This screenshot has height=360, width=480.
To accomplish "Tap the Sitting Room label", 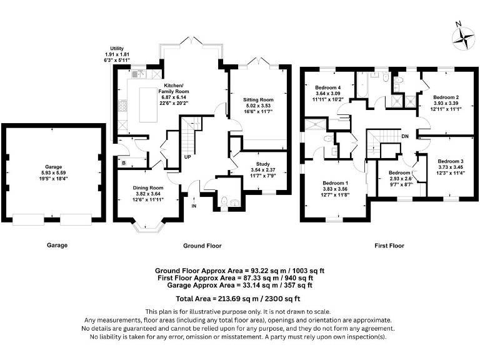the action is [258, 100].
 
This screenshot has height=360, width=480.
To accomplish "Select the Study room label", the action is [263, 164].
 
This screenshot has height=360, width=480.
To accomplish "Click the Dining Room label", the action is [148, 188].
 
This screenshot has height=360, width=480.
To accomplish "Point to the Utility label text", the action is [117, 48].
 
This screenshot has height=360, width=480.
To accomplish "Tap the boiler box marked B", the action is [124, 163].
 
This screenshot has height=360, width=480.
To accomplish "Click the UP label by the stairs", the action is [187, 157].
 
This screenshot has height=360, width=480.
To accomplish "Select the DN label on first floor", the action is [405, 136].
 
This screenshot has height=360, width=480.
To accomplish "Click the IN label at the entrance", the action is [194, 206].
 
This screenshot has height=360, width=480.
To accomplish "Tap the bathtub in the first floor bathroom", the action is [362, 84].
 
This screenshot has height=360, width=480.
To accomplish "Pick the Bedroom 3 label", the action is [451, 161].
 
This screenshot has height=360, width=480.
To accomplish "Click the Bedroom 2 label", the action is [446, 97].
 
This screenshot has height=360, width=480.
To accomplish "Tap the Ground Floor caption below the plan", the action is [202, 246].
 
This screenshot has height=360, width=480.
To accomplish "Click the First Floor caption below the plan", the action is [389, 246].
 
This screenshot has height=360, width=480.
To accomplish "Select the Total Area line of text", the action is [238, 299].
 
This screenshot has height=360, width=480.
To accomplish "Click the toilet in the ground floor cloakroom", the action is [224, 202].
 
